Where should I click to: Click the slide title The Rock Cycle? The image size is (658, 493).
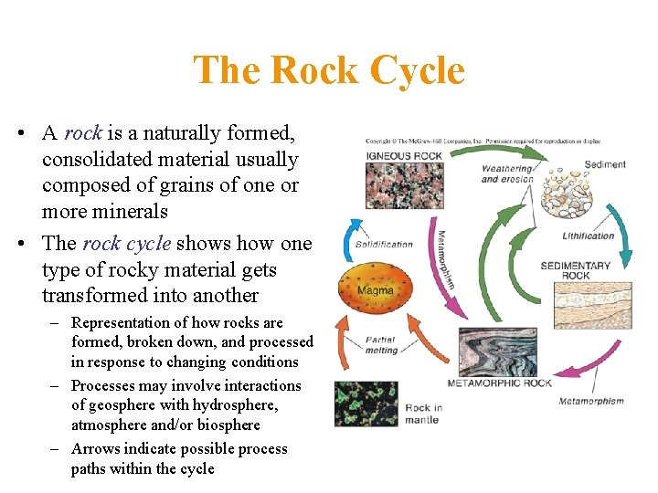pyautogui.click(x=329, y=70)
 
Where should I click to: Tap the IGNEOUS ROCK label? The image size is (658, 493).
pyautogui.click(x=403, y=155)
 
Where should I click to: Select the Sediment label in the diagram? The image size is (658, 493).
pyautogui.click(x=605, y=164)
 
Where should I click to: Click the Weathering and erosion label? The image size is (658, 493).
pyautogui.click(x=506, y=173)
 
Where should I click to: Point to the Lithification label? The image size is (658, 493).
pyautogui.click(x=588, y=236)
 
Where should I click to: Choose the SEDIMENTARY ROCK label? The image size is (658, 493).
pyautogui.click(x=576, y=270)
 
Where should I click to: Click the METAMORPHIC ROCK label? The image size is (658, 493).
pyautogui.click(x=499, y=383)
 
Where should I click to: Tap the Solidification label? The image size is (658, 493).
pyautogui.click(x=384, y=244)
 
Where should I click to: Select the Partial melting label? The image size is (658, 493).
pyautogui.click(x=380, y=344)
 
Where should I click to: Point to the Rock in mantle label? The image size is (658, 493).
pyautogui.click(x=422, y=414)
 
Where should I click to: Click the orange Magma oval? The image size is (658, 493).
pyautogui.click(x=375, y=290)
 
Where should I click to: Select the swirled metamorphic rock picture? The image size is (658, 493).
pyautogui.click(x=498, y=352)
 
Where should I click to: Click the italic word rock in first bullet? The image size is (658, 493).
pyautogui.click(x=82, y=133)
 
